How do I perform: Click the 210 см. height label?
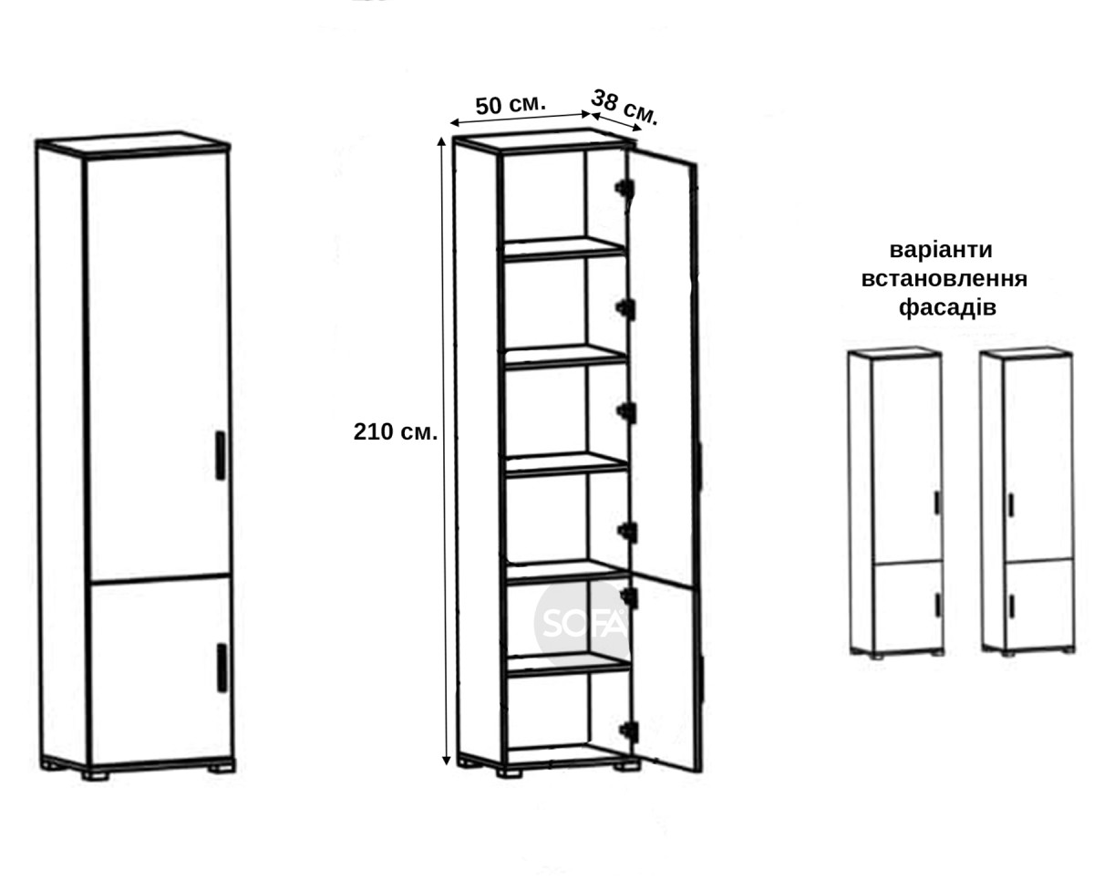tap(396, 432)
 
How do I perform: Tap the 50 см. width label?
tap(511, 105)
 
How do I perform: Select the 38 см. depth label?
tap(624, 108)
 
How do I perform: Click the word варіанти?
tap(941, 250)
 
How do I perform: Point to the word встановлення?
tap(944, 279)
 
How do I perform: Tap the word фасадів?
tap(947, 307)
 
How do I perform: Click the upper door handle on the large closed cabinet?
tap(220, 456)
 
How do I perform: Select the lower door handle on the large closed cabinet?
tap(222, 668)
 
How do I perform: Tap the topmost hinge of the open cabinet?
tap(624, 188)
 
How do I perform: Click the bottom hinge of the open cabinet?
tap(629, 731)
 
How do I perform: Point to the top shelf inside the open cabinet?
tap(564, 248)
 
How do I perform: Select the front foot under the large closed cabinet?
tap(96, 775)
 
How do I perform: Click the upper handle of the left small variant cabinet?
tap(937, 503)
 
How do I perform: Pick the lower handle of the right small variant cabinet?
tap(1012, 606)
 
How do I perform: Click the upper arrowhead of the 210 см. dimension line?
tap(441, 140)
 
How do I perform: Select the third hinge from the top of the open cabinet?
tap(627, 411)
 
